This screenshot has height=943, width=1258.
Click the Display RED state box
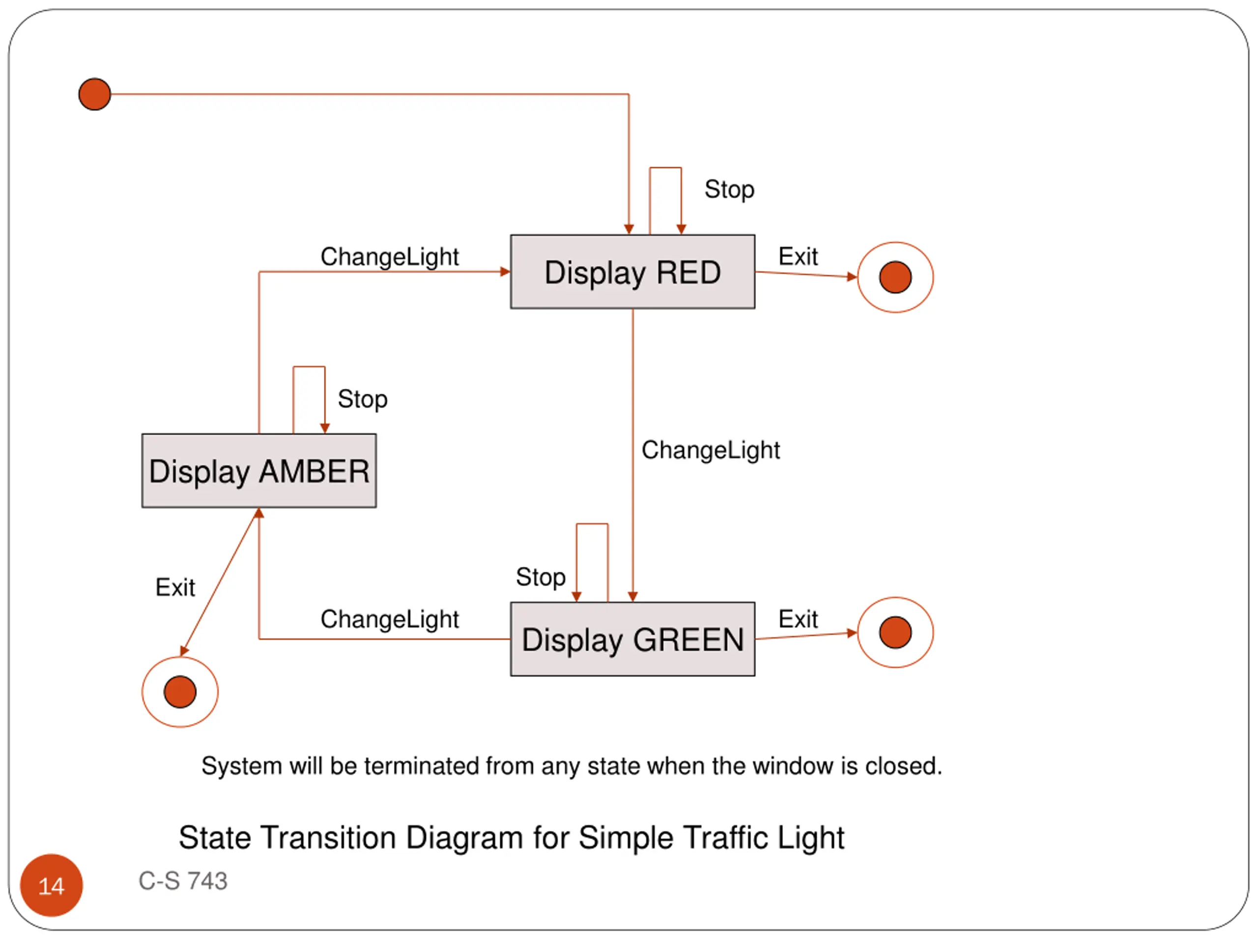pos(632,272)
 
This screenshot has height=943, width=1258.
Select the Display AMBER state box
pos(259,471)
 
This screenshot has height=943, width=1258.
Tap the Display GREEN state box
pos(632,639)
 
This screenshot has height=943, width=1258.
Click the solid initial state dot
pos(94,94)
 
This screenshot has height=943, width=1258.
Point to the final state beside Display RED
pos(895,277)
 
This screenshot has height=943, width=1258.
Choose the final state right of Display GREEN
pos(895,632)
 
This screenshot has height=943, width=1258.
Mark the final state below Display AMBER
pos(180,692)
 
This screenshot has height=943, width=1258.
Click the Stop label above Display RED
pos(729,189)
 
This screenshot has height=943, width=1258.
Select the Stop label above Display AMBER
pos(362,399)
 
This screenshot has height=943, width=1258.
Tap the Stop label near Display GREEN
pos(540,577)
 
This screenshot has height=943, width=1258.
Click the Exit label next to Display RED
pos(798,256)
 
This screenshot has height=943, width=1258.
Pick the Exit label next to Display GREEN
pos(798,619)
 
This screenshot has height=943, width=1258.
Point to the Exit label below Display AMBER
pos(175,587)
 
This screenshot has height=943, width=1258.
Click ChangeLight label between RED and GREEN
pos(710,450)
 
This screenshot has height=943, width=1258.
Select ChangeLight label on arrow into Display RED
pos(390,257)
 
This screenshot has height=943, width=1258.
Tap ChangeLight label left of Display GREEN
pos(390,619)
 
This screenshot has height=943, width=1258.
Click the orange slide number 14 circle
pos(51,885)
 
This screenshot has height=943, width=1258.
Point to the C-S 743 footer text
pos(183,881)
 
